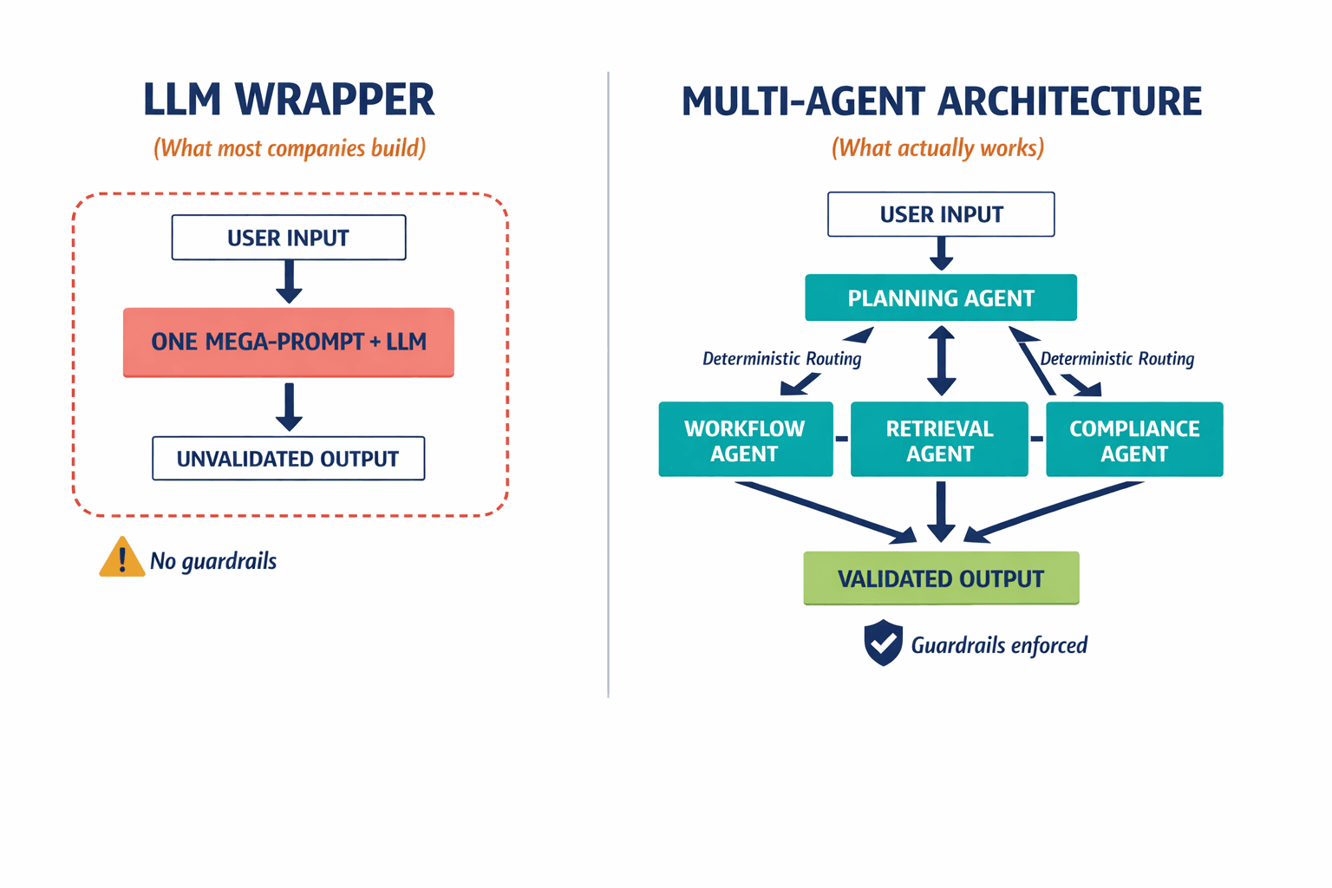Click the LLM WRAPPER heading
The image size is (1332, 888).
(x=288, y=100)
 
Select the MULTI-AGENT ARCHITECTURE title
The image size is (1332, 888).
(x=941, y=101)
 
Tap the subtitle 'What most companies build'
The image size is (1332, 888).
(x=290, y=148)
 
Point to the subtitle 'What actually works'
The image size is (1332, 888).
(x=937, y=148)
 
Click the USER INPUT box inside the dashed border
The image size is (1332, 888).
(x=288, y=238)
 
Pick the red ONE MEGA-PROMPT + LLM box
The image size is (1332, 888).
(x=288, y=342)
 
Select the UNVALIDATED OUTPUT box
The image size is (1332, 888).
(x=288, y=459)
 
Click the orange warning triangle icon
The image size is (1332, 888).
(x=121, y=558)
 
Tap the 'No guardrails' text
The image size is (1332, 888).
(x=213, y=561)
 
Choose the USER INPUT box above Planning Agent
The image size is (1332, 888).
(x=941, y=214)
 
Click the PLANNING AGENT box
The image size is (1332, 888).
(x=941, y=298)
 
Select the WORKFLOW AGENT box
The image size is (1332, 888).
(x=745, y=440)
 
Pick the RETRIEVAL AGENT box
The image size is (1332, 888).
(x=939, y=440)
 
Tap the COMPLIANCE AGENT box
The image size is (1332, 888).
(x=1134, y=440)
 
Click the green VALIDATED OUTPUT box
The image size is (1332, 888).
(x=941, y=578)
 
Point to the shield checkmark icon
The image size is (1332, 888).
(x=883, y=643)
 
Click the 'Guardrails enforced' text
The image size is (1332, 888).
(x=999, y=645)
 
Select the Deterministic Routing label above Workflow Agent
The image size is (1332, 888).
(x=781, y=359)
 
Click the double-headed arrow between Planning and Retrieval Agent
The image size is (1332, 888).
(x=941, y=360)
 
